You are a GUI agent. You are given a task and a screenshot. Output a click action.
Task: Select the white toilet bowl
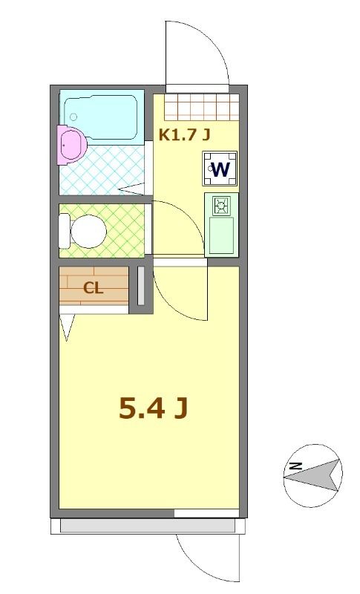(85, 231)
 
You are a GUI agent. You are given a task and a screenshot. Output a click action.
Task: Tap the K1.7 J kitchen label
(185, 134)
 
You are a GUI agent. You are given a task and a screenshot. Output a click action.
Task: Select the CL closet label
(93, 289)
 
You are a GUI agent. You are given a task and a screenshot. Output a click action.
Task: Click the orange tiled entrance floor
(202, 108)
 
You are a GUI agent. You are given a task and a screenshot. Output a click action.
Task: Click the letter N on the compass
(295, 466)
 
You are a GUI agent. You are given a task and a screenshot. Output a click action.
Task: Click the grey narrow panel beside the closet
(140, 284)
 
